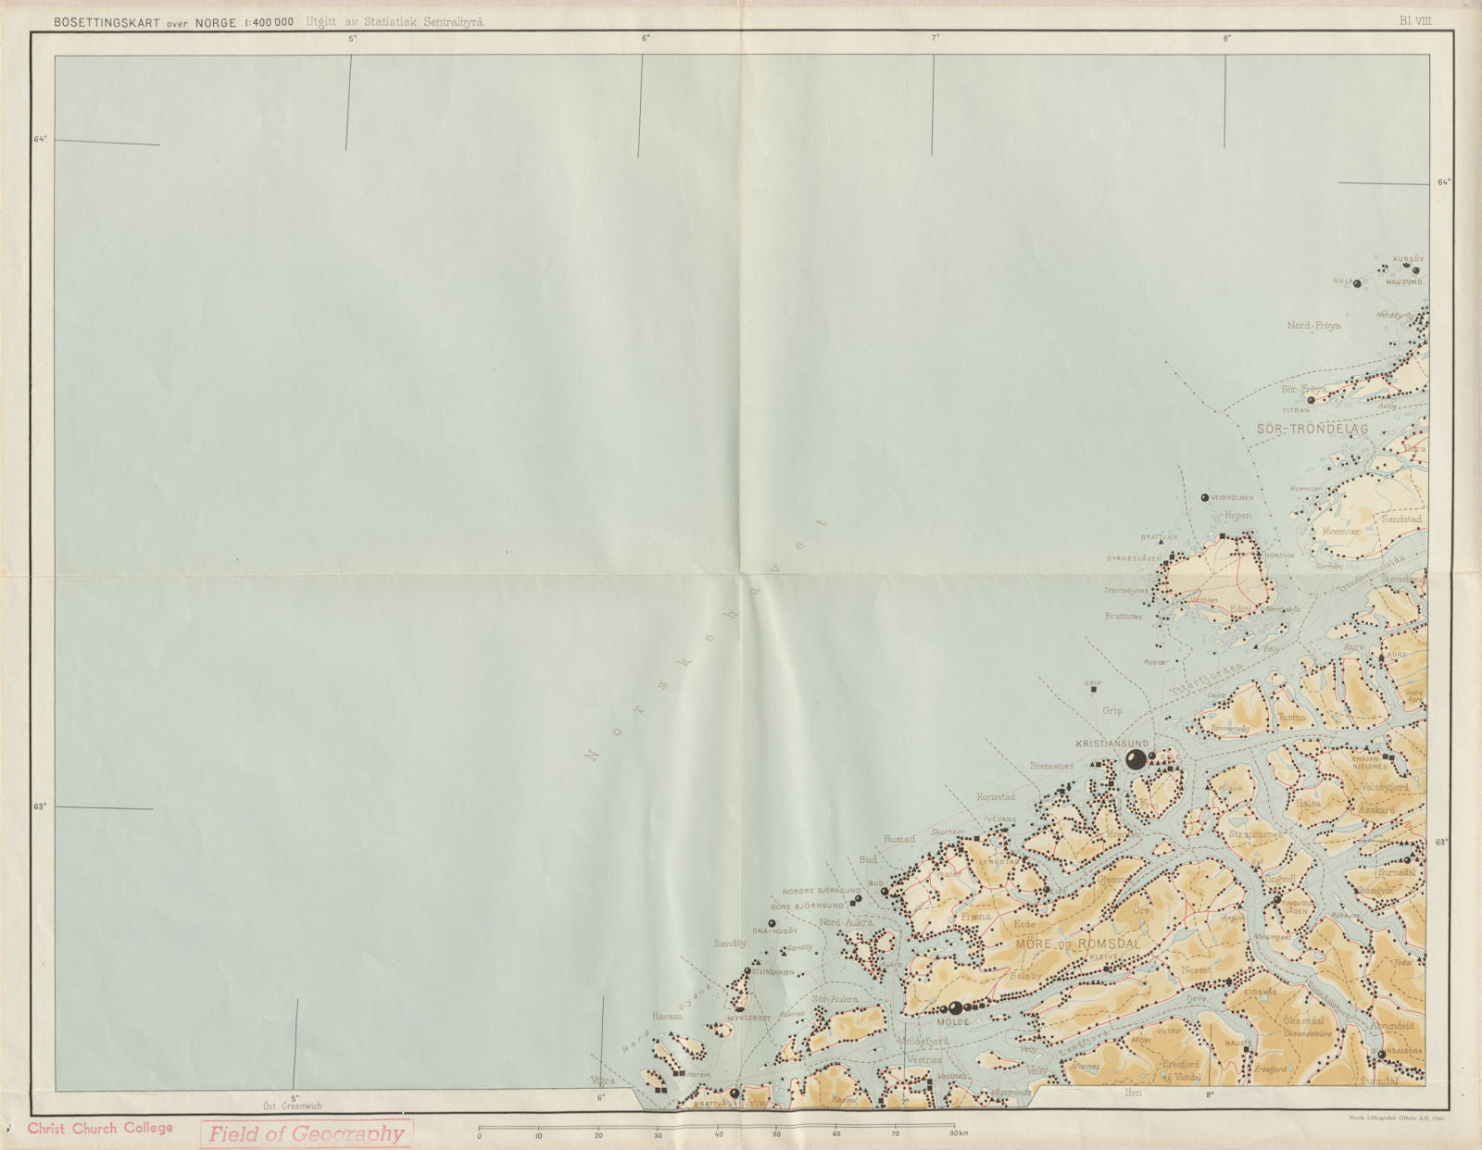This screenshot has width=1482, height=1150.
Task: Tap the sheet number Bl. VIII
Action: point(1415,20)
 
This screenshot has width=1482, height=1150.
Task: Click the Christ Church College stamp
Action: point(100,1128)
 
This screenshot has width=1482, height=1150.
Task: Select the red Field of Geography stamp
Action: point(306,1133)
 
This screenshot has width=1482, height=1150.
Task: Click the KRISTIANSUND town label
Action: point(1111,744)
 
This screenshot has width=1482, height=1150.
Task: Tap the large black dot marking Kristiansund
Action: point(1136,760)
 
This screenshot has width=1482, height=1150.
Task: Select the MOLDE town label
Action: point(952,1022)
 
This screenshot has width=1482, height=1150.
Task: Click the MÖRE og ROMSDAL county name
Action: point(1076,943)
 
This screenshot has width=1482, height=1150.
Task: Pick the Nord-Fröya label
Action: point(1313,325)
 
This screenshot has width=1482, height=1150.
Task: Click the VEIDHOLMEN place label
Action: point(1232,498)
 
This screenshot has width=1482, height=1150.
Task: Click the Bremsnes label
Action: point(1051,767)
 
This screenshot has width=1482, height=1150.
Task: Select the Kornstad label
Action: point(996,796)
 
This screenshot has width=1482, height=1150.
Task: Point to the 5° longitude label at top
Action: point(353,39)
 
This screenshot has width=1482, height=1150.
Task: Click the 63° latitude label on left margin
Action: point(40,806)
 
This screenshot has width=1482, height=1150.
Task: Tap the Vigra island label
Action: point(602,1080)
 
